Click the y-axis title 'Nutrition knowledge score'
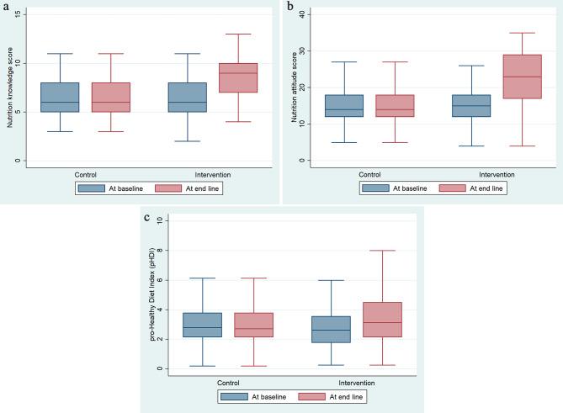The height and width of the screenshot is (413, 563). pyautogui.click(x=9, y=88)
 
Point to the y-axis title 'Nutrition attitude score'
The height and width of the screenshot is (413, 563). pyautogui.click(x=295, y=88)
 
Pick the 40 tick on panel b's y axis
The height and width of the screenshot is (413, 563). pyautogui.click(x=305, y=14)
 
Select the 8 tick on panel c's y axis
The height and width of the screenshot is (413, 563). pyautogui.click(x=160, y=250)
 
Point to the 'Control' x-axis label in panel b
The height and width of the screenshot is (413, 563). pyautogui.click(x=369, y=174)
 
